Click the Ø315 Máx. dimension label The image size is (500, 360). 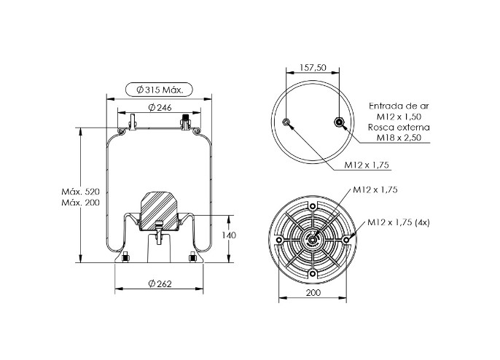(x=160, y=90)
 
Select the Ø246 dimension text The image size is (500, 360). (x=160, y=108)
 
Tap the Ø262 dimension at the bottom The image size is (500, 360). (x=160, y=283)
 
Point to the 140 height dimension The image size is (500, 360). (x=229, y=235)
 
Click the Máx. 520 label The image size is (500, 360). (x=80, y=192)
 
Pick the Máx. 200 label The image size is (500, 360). (x=80, y=203)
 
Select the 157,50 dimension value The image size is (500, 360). (x=313, y=68)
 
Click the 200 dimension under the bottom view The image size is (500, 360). (x=313, y=293)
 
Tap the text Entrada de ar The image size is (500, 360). (x=399, y=106)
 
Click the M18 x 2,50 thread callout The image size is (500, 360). (x=399, y=138)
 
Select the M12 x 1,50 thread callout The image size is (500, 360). (x=399, y=117)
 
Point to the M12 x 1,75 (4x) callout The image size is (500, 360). (x=399, y=222)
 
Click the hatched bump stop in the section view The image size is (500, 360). (x=159, y=211)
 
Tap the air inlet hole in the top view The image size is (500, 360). (x=339, y=122)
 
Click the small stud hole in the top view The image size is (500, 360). (x=286, y=122)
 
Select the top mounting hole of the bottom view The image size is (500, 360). (x=313, y=206)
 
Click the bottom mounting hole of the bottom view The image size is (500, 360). (x=313, y=273)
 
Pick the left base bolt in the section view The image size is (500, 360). (x=125, y=257)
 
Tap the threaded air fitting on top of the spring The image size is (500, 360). (x=185, y=122)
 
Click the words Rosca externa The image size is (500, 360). (x=399, y=128)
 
